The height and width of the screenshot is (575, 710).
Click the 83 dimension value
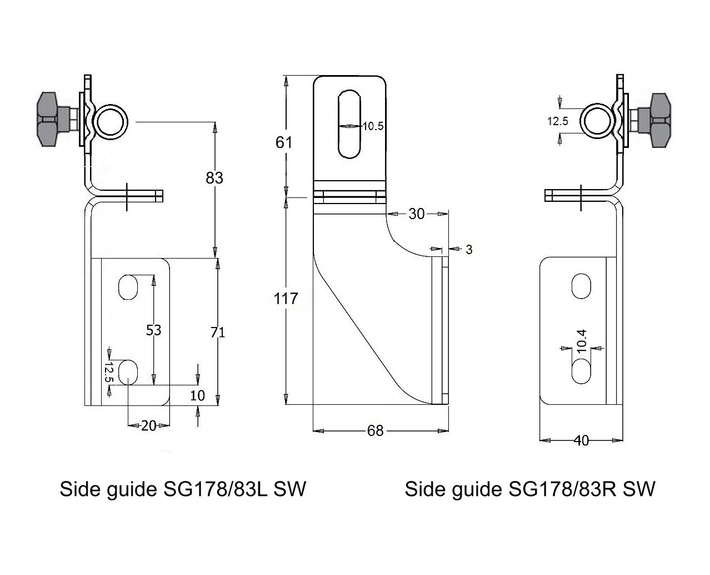[x=214, y=178]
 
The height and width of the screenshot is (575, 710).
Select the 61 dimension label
[x=284, y=142]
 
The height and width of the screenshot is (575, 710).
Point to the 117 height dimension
[x=286, y=299]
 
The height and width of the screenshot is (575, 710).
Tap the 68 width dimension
[x=376, y=430]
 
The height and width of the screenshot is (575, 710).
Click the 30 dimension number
[x=416, y=214]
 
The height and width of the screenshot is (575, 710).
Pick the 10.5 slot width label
[x=373, y=126]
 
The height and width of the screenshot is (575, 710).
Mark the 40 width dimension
[x=581, y=440]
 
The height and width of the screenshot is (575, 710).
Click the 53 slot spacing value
[x=153, y=330]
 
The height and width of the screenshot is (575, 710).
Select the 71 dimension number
[x=218, y=333]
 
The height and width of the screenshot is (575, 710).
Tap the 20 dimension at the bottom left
[x=148, y=426]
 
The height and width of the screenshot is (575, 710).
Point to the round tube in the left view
[x=111, y=121]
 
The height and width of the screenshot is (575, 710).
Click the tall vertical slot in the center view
[x=349, y=123]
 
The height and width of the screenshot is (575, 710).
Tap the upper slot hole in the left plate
[x=128, y=286]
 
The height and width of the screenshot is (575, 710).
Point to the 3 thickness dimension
[x=469, y=250]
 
